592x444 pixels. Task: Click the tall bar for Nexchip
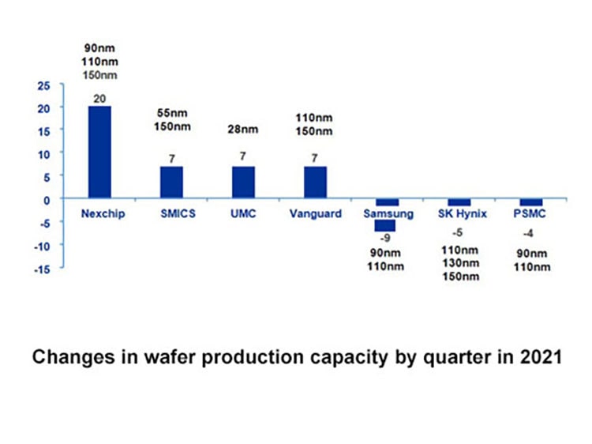point(99,152)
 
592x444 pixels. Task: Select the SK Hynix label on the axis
point(459,213)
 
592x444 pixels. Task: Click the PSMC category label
point(530,213)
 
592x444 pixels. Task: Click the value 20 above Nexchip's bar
point(99,97)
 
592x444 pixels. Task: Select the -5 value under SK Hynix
point(459,232)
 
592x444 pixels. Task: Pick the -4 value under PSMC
point(530,233)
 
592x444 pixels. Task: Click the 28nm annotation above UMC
point(243,129)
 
